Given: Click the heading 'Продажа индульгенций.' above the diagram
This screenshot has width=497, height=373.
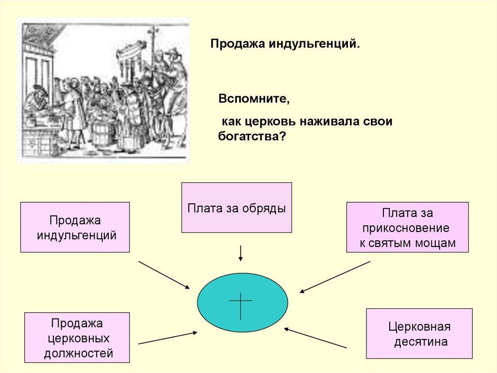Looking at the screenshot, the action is pos(285,44).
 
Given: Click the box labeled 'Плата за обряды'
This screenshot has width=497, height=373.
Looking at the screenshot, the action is pos(236,208).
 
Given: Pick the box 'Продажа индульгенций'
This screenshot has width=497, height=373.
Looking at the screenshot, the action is pos(75,227).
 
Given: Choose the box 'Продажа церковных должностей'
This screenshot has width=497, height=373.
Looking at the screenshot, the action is pos(77,337).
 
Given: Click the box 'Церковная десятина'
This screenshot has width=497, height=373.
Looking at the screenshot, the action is pos(419,334).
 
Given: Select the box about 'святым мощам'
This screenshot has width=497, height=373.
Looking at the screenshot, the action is pos(407,227).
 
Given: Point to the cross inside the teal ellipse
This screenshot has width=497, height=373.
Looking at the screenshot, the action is pos(241,302).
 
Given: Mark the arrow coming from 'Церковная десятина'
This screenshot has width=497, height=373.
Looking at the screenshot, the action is pos(315,338).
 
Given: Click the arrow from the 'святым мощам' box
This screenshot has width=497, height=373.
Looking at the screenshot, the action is pos(335,277).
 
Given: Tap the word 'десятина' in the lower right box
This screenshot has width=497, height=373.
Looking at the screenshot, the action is pos(420,342).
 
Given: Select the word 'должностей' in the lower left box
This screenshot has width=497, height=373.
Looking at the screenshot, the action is pos(78,353).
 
